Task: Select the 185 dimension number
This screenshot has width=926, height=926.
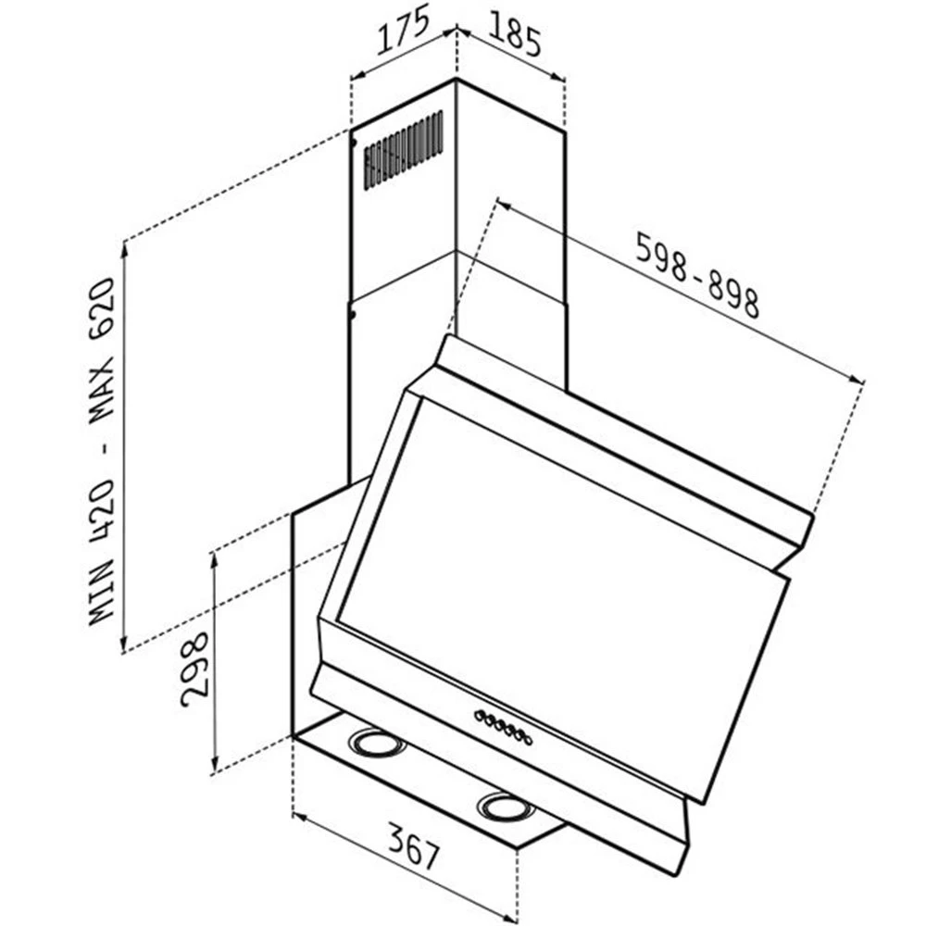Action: [514, 35]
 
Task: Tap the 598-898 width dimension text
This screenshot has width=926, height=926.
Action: [697, 275]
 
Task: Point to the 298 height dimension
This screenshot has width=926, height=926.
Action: [194, 669]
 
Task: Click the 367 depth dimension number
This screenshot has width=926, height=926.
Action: [414, 848]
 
